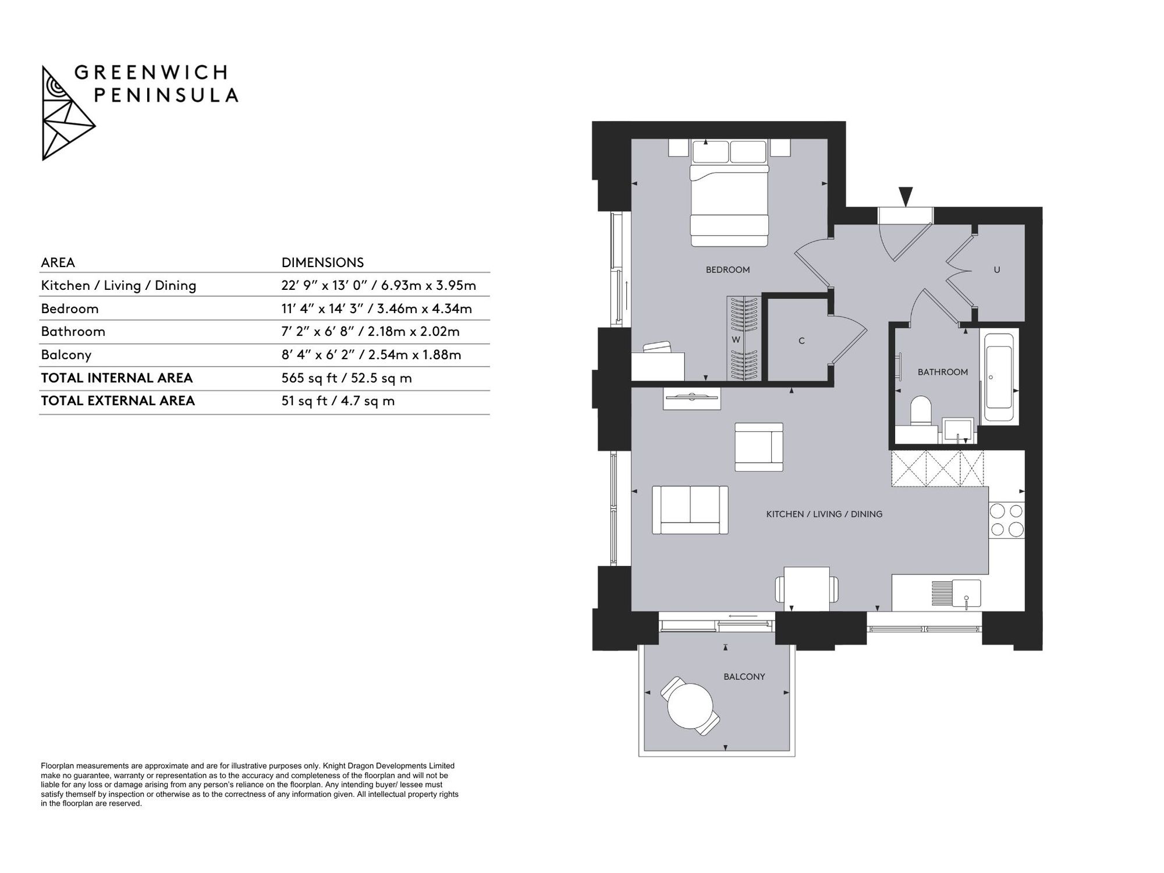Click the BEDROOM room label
click(727, 269)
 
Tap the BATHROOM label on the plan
click(943, 372)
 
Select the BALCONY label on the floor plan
click(744, 676)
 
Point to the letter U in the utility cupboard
click(997, 270)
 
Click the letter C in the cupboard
click(801, 340)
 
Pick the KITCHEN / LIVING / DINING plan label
click(824, 514)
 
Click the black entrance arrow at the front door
click(906, 196)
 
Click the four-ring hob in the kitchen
click(1007, 520)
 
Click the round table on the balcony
click(690, 706)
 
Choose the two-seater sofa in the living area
click(690, 510)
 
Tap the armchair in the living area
click(759, 447)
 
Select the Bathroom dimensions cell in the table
click(371, 332)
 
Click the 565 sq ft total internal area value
click(347, 378)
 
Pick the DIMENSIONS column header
click(322, 262)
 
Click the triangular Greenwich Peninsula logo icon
click(68, 113)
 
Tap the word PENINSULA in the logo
click(166, 95)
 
